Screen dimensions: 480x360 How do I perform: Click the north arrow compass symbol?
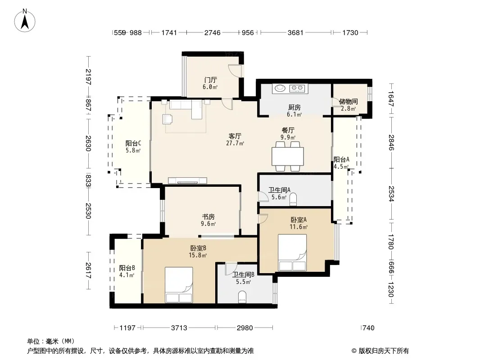pyautogui.click(x=25, y=21)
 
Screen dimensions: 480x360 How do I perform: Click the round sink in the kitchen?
pyautogui.click(x=280, y=88)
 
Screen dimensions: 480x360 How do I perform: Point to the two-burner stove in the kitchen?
pyautogui.click(x=297, y=88)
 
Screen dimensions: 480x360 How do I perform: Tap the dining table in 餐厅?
pyautogui.click(x=288, y=156)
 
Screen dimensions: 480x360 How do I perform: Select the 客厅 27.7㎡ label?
pyautogui.click(x=235, y=139)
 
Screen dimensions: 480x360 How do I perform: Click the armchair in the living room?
pyautogui.click(x=167, y=119)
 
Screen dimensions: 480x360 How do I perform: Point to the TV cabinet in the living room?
pyautogui.click(x=187, y=180)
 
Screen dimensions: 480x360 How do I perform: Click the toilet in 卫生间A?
pyautogui.click(x=293, y=199)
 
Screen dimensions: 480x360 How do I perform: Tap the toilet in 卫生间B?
pyautogui.click(x=242, y=297)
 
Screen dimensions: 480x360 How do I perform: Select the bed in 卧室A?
pyautogui.click(x=292, y=252)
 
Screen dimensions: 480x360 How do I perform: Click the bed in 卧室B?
pyautogui.click(x=179, y=285)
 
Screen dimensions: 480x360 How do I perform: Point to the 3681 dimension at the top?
pyautogui.click(x=295, y=32)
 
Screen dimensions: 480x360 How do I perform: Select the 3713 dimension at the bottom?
pyautogui.click(x=179, y=328)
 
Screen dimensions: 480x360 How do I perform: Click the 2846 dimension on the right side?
pyautogui.click(x=391, y=143)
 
